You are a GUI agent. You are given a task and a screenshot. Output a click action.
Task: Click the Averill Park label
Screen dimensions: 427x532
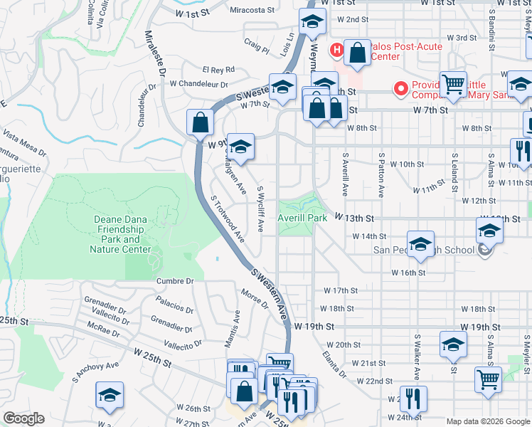(303, 218)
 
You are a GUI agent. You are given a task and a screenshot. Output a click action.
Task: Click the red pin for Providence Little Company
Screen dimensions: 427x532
(401, 89)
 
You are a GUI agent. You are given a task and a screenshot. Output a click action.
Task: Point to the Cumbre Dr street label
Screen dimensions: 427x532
(175, 281)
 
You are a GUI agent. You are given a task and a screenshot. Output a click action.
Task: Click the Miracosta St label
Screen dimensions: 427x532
(252, 11)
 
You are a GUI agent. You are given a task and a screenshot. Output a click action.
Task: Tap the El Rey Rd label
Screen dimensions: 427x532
(218, 70)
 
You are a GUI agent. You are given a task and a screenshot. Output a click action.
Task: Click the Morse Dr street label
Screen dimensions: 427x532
(255, 300)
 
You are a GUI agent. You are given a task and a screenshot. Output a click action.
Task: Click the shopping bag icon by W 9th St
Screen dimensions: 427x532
(201, 122)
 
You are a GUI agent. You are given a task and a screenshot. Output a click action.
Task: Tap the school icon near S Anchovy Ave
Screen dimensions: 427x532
(110, 394)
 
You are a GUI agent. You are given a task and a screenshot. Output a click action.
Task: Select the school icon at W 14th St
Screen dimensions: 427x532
(420, 243)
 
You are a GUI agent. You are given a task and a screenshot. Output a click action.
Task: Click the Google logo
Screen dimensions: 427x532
(23, 418)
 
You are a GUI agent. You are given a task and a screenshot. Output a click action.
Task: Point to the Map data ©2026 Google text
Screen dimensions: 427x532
(487, 422)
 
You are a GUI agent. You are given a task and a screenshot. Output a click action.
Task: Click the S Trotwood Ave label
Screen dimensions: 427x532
(228, 218)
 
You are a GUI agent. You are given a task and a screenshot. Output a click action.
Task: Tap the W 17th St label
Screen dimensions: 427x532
(341, 290)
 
